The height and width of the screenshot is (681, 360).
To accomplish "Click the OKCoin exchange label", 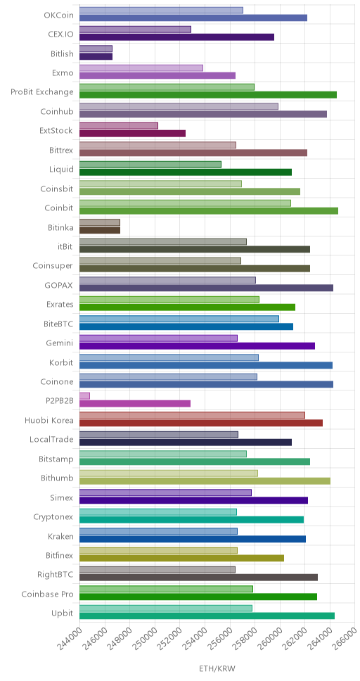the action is pyautogui.click(x=58, y=15).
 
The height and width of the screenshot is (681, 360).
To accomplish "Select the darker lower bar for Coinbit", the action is pyautogui.click(x=209, y=210).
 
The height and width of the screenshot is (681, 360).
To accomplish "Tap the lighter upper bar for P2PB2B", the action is pyautogui.click(x=84, y=395).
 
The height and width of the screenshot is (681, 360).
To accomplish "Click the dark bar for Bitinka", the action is pyautogui.click(x=100, y=230).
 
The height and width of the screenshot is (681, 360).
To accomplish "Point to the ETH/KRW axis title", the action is pyautogui.click(x=217, y=668).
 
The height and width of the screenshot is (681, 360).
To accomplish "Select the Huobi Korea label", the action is pyautogui.click(x=49, y=421).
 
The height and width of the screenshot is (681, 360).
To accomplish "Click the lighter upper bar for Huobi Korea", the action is pyautogui.click(x=193, y=415).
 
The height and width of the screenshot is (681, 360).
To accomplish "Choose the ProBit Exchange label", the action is pyautogui.click(x=42, y=92).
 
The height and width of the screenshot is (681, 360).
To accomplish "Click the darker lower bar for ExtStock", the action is pyautogui.click(x=132, y=134).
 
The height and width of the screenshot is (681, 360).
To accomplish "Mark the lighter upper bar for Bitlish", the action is pyautogui.click(x=96, y=49).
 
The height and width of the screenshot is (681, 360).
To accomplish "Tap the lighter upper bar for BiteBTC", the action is pyautogui.click(x=179, y=319).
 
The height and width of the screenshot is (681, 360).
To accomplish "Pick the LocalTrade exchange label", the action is pyautogui.click(x=51, y=440).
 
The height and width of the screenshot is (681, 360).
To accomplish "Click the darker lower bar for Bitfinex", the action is pyautogui.click(x=182, y=558).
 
